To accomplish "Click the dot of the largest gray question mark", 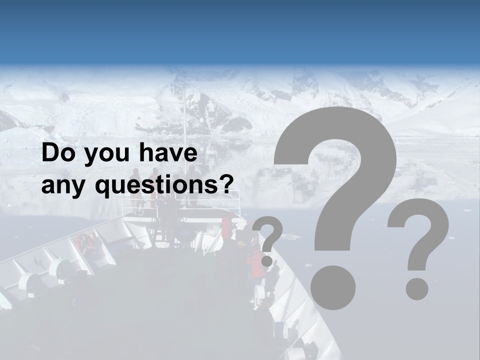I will (x=332, y=288).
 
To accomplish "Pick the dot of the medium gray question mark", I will (x=416, y=288).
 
